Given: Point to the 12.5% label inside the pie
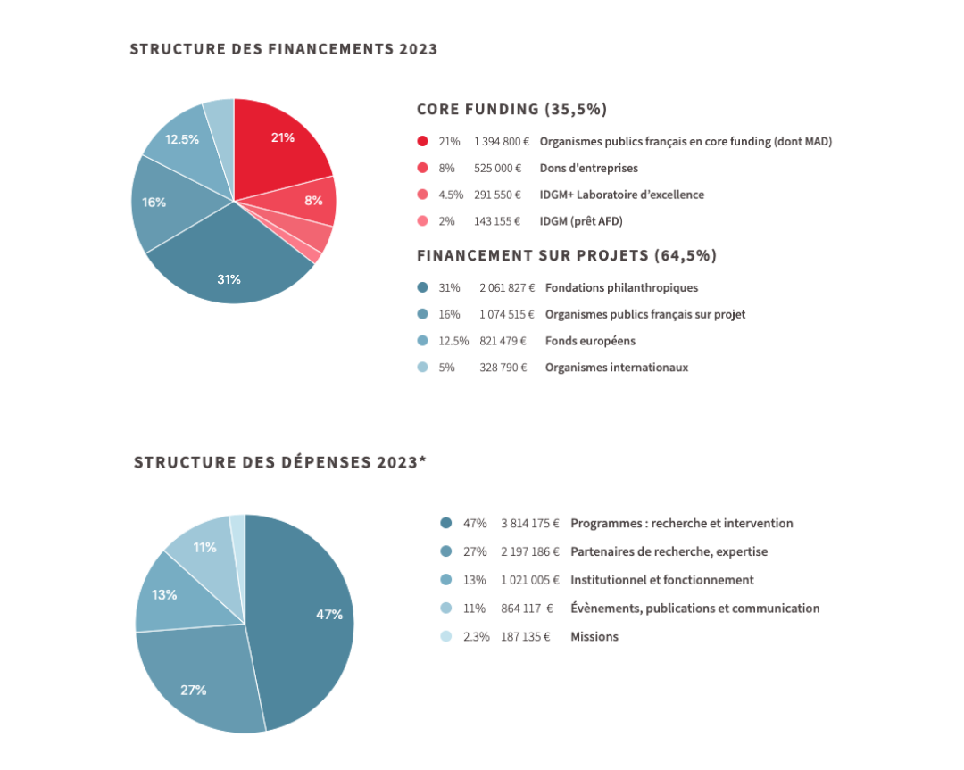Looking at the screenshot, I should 182,139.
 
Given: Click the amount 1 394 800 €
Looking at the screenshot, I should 502,141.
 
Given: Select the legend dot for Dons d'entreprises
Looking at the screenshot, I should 422,168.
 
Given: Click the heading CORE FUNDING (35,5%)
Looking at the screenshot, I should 511,110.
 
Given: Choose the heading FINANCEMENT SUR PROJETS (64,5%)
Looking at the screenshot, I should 567,256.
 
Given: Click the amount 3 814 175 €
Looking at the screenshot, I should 530,523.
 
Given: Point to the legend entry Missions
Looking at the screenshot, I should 594,636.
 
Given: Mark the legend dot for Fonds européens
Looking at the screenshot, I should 422,341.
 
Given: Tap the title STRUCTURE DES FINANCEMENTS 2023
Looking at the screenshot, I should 284,49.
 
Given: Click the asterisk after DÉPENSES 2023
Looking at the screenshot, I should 422,460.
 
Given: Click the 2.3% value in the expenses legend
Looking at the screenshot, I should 476,636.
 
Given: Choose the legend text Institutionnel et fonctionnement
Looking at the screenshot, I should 662,580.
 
